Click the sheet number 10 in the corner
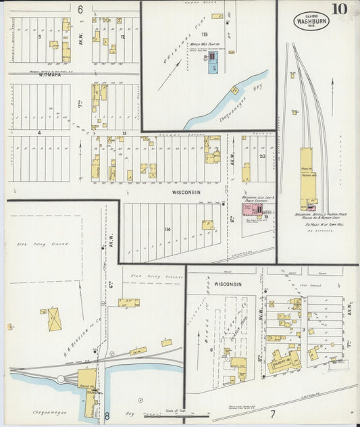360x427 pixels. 339,9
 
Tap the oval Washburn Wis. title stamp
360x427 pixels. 308,21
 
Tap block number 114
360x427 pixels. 166,230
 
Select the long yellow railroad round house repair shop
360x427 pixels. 308,177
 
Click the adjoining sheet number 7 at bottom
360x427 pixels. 272,413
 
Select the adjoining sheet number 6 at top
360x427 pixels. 80,9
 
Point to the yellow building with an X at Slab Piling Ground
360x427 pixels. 53,318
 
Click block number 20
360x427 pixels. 261,156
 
